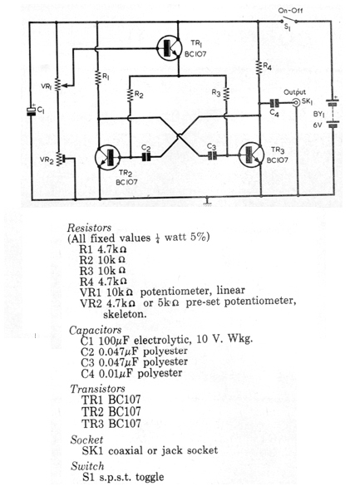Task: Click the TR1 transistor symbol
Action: [169, 47]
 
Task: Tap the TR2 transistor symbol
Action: [107, 157]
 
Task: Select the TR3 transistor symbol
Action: [251, 155]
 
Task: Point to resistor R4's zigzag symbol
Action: [259, 67]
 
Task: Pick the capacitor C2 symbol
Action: [145, 156]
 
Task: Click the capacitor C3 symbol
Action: [212, 155]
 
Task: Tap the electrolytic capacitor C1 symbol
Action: [31, 110]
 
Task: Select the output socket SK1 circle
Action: [296, 102]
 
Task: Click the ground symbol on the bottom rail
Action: [207, 201]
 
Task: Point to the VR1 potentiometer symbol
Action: [58, 84]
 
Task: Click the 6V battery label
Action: [318, 125]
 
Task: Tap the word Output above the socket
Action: [294, 92]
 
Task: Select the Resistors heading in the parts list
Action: [89, 228]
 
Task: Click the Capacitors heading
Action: [96, 331]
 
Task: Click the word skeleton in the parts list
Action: [125, 314]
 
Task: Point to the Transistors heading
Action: [97, 389]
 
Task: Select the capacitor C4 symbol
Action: [274, 102]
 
